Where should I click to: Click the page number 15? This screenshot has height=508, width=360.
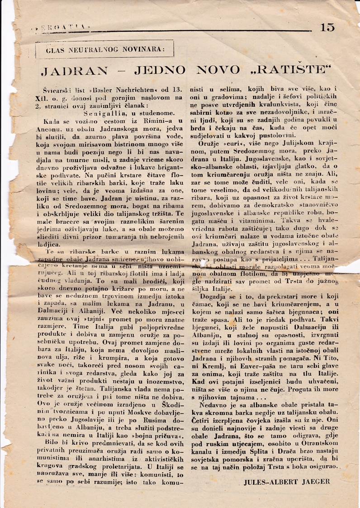click(327, 27)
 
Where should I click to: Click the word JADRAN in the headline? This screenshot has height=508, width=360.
click(74, 70)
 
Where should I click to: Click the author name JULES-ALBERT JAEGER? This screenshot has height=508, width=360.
click(287, 482)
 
